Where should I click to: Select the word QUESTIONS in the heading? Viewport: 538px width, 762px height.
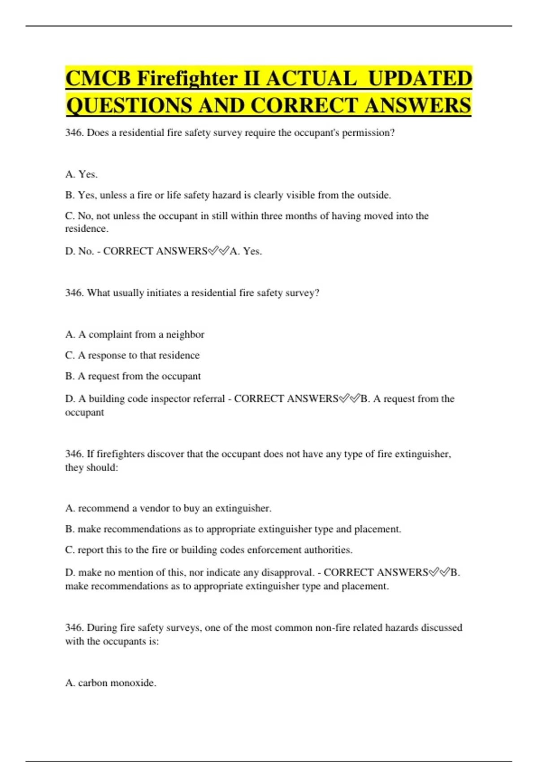point(128,106)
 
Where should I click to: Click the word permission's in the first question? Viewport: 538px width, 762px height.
point(368,133)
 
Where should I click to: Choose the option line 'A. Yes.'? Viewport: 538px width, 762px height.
point(81,174)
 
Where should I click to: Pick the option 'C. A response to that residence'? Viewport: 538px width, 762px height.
point(132,355)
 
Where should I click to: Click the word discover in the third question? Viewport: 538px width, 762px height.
point(165,454)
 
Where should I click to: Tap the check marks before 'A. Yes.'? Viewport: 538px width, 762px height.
point(218,251)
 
